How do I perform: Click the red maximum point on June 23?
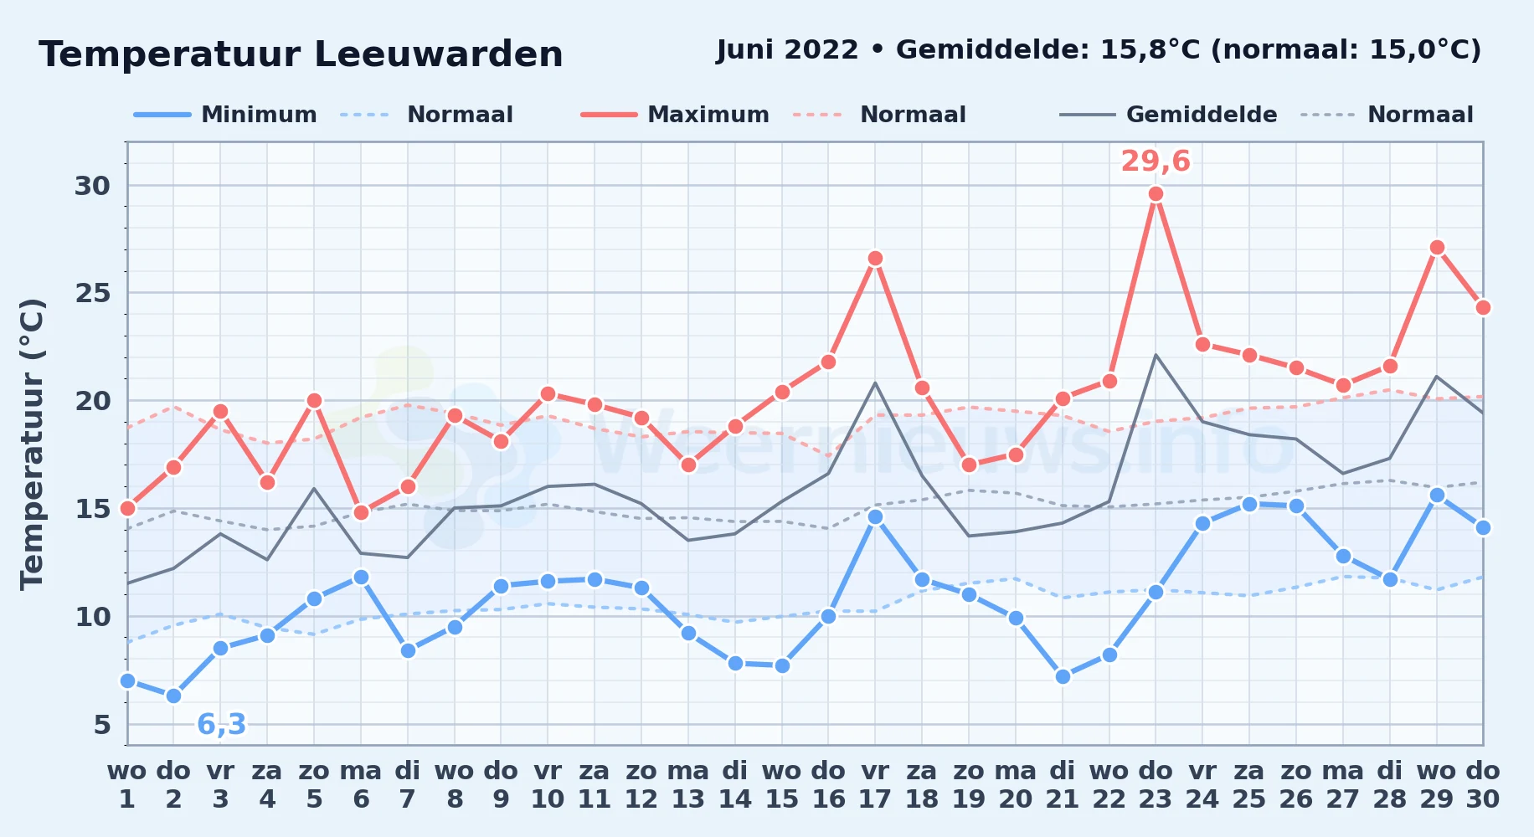tap(1156, 194)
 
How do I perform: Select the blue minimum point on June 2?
tap(173, 696)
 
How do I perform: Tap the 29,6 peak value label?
tap(1156, 161)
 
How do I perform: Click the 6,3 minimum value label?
tap(221, 724)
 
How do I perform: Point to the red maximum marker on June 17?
tap(875, 259)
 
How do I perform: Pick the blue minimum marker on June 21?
tap(1063, 676)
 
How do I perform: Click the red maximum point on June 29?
tap(1437, 248)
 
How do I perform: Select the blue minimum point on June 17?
tap(875, 517)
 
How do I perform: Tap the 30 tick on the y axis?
tap(92, 186)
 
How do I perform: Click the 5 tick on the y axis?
tap(102, 725)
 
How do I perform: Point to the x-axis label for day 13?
tap(688, 784)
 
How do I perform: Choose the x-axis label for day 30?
tap(1483, 784)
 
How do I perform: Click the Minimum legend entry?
tap(225, 115)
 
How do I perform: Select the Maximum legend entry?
tap(675, 115)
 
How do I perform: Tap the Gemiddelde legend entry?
tap(1169, 115)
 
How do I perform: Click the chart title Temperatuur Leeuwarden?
tap(301, 54)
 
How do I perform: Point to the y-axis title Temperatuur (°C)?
tap(32, 444)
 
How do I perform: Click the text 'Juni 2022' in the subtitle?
tap(787, 49)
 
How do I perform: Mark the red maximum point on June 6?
tap(361, 512)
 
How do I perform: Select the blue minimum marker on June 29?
tap(1437, 496)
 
